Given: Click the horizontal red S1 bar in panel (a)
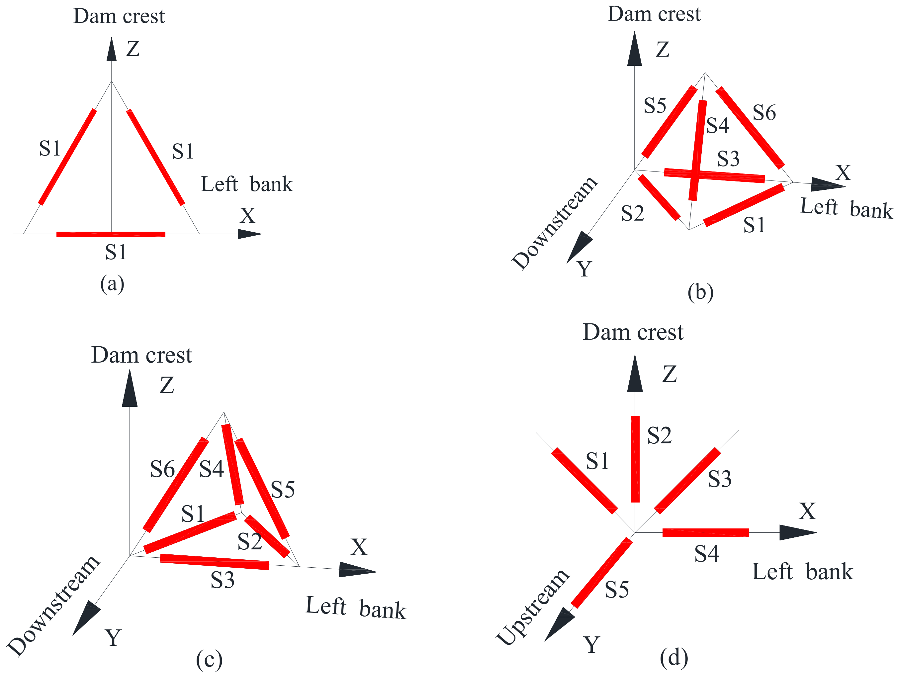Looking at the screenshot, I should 111,234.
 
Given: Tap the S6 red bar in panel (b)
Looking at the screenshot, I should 750,128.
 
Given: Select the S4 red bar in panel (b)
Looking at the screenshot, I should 698,150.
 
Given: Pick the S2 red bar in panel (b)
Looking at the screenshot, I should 659,197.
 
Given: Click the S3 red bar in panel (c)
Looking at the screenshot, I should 214,562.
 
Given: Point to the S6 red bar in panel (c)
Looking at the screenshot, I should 176,485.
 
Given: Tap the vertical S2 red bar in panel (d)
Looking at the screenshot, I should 635,459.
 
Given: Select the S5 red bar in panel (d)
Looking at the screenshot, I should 602,573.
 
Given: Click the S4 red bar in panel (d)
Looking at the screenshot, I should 706,533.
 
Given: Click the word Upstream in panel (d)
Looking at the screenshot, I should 533,608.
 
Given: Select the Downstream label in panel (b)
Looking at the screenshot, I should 554,223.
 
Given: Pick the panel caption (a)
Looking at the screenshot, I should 112,283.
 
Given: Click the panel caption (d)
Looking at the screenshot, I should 673,657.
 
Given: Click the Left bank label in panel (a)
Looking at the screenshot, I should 246,184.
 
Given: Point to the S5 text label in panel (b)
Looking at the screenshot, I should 655,106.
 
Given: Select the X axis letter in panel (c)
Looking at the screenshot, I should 359,547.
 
